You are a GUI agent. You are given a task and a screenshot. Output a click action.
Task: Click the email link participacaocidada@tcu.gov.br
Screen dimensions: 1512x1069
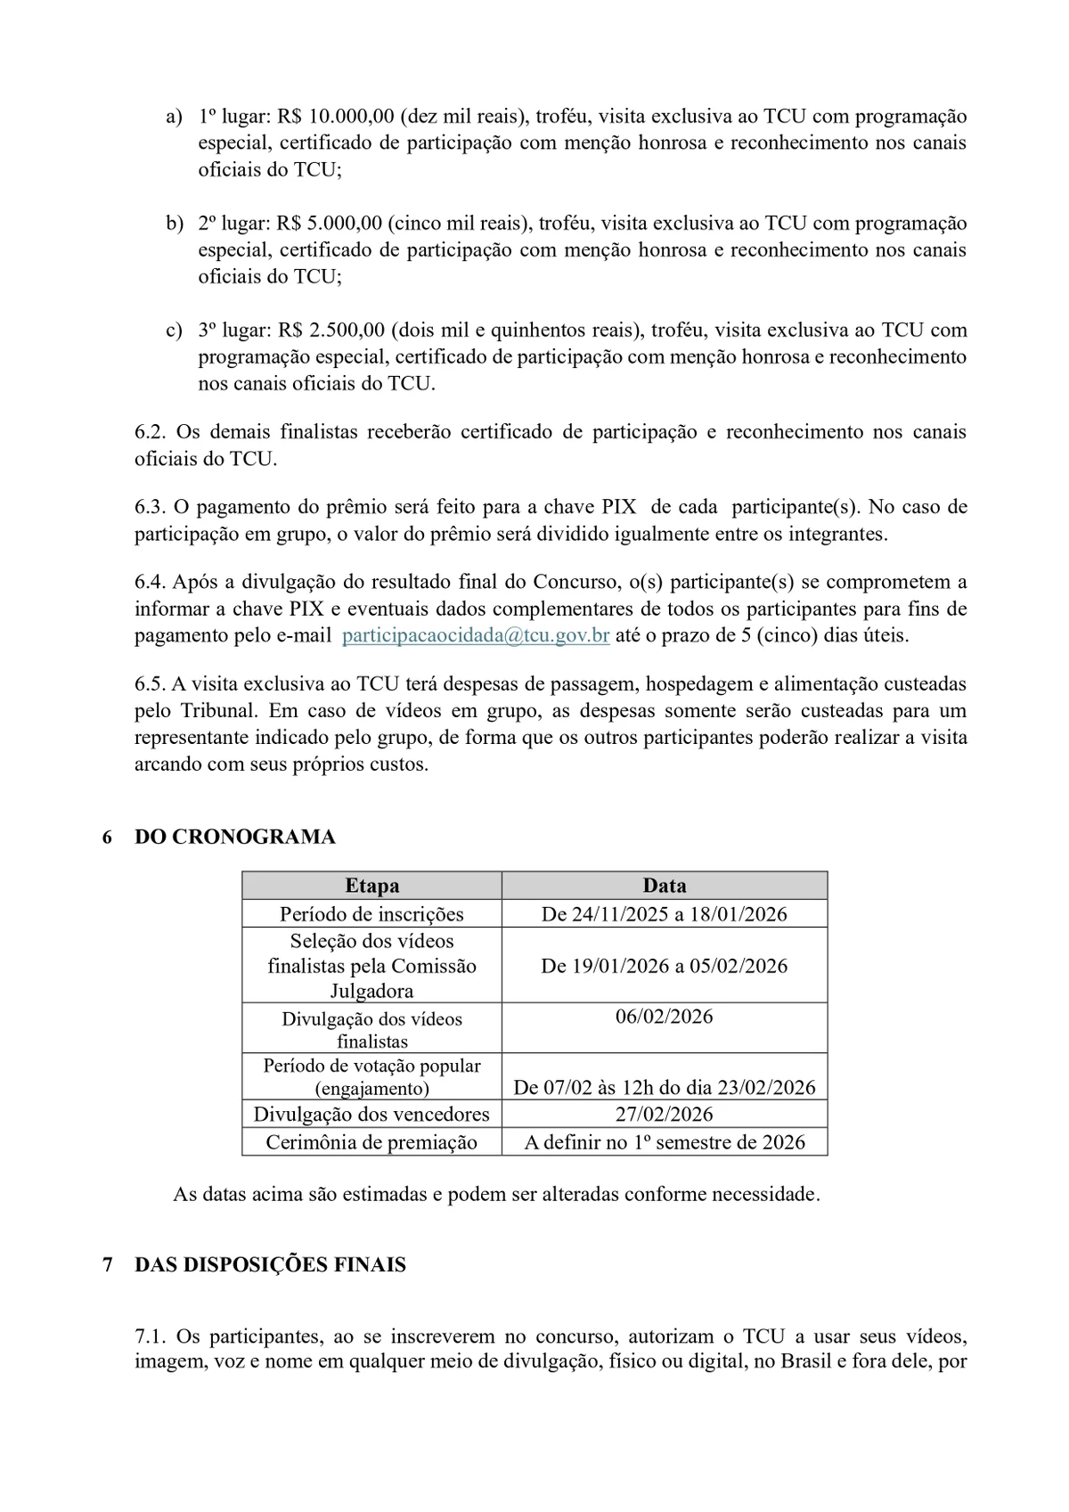click(476, 636)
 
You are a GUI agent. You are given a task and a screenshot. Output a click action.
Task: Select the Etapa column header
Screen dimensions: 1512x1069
click(371, 886)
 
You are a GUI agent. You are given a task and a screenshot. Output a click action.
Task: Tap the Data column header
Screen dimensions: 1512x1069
click(665, 886)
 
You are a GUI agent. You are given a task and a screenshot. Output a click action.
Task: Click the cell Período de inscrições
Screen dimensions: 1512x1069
click(371, 914)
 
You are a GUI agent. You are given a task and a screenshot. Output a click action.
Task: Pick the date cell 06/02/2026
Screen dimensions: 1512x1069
click(665, 1017)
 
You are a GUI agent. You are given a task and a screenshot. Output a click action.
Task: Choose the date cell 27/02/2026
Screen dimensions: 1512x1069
click(665, 1115)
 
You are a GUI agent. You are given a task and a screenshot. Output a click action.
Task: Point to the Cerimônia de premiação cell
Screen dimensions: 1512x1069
click(371, 1142)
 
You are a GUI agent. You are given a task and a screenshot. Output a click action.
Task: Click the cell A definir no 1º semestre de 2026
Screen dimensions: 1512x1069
click(665, 1142)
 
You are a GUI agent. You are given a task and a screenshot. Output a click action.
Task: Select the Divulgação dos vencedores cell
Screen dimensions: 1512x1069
click(371, 1115)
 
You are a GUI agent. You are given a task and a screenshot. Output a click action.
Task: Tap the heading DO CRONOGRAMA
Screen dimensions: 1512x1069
click(235, 838)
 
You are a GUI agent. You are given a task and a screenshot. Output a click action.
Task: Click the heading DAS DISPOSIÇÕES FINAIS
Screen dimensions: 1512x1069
click(270, 1265)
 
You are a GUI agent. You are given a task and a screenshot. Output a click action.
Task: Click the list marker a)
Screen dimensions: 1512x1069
click(174, 117)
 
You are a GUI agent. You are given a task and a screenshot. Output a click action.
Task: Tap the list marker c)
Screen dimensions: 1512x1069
click(174, 331)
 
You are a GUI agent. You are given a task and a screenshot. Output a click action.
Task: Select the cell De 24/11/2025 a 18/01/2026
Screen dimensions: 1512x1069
click(665, 914)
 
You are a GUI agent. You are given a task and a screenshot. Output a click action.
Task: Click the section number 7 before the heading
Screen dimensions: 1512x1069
click(108, 1265)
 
